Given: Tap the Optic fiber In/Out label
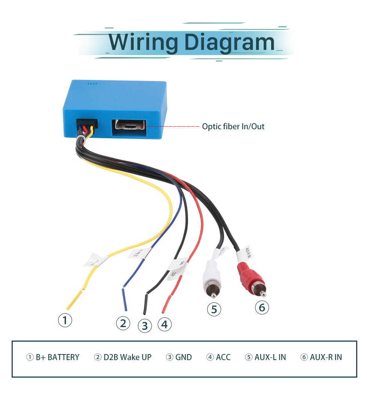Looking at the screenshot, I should (233, 127).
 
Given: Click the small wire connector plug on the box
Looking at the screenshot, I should (86, 127).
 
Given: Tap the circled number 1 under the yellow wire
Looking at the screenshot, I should (65, 320).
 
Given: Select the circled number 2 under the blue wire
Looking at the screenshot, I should (123, 323).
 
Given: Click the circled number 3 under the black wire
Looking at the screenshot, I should (145, 326).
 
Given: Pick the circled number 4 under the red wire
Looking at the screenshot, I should (164, 324).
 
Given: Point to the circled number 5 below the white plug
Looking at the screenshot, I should (214, 309).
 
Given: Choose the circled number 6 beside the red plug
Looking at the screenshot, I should (262, 308).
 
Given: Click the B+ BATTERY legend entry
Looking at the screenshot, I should (53, 357).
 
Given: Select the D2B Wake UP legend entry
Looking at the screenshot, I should (122, 357).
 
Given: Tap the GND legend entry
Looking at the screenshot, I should (179, 357).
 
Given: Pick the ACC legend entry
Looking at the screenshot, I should (219, 357).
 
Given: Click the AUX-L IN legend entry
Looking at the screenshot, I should (266, 357).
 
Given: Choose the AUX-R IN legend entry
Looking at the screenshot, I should (321, 357).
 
